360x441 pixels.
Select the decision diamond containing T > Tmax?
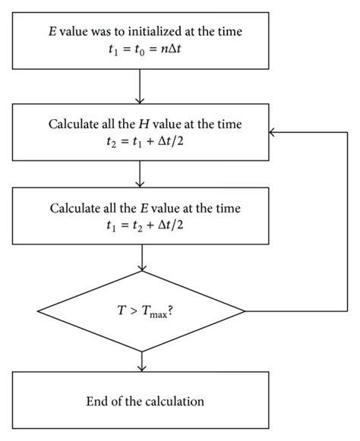click(x=141, y=311)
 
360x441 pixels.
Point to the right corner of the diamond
click(x=244, y=311)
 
